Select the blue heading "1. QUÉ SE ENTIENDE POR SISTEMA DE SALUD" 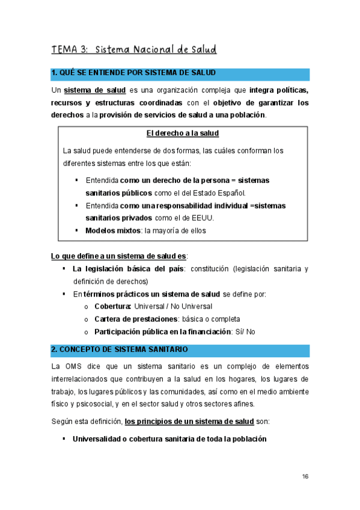pyautogui.click(x=133, y=73)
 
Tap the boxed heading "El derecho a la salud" pyautogui.click(x=183, y=133)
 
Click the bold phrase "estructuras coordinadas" pyautogui.click(x=142, y=103)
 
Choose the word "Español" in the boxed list pyautogui.click(x=231, y=193)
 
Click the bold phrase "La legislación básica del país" pyautogui.click(x=128, y=269)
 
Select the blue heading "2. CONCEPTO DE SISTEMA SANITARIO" pyautogui.click(x=120, y=349)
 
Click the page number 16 pyautogui.click(x=305, y=476)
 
